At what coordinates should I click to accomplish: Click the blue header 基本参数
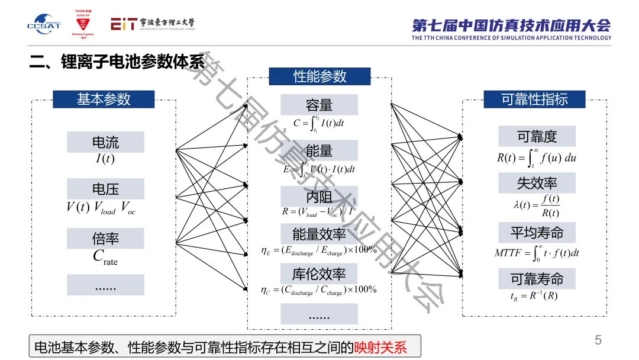pyautogui.click(x=104, y=99)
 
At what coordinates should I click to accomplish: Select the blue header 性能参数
pyautogui.click(x=319, y=76)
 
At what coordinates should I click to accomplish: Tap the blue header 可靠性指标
pyautogui.click(x=534, y=99)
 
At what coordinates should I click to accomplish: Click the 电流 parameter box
pyautogui.click(x=105, y=142)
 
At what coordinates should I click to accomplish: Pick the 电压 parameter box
pyautogui.click(x=105, y=189)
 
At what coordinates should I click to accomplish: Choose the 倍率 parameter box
pyautogui.click(x=105, y=238)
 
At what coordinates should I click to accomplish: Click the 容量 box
pyautogui.click(x=319, y=105)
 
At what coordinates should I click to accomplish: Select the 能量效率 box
pyautogui.click(x=319, y=234)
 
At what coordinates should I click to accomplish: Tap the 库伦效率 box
pyautogui.click(x=319, y=274)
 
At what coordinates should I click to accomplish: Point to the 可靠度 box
pyautogui.click(x=537, y=136)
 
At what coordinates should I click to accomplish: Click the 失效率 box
pyautogui.click(x=537, y=183)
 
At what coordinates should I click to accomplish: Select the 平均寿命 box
pyautogui.click(x=537, y=232)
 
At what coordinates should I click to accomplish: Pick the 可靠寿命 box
pyautogui.click(x=537, y=278)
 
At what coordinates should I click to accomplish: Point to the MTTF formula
pyautogui.click(x=537, y=253)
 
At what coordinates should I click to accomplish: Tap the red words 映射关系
pyautogui.click(x=380, y=347)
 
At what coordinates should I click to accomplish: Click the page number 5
pyautogui.click(x=598, y=340)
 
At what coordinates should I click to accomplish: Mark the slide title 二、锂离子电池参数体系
pyautogui.click(x=117, y=62)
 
